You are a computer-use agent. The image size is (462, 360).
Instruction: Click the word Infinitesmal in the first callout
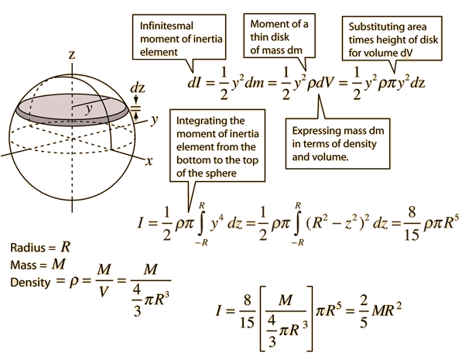[166, 26]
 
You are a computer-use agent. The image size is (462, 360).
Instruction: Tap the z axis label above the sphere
[72, 54]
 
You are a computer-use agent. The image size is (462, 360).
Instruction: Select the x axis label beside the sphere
[149, 161]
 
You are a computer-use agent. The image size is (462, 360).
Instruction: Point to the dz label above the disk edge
[138, 87]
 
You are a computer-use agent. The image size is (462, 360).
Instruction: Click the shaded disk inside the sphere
[73, 110]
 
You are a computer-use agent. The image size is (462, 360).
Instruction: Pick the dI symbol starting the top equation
[194, 83]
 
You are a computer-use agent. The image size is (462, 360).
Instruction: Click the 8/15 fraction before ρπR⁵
[412, 223]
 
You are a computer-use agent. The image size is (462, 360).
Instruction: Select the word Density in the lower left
[30, 283]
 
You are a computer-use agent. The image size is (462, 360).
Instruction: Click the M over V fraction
[104, 280]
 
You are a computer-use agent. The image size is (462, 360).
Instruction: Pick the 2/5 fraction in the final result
[364, 311]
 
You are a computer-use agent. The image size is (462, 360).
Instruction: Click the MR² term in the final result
[386, 310]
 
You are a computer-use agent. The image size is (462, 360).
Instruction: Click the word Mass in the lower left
[22, 265]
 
